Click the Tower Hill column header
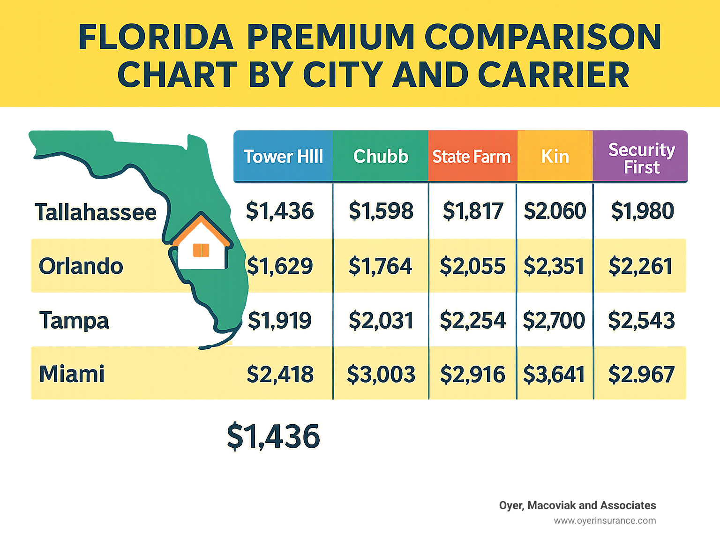tap(283, 156)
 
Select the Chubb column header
tap(381, 156)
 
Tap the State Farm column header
tap(472, 156)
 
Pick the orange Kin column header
tap(555, 156)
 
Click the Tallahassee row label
tap(96, 212)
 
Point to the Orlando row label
tap(81, 266)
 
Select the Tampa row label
tap(74, 321)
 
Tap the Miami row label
tap(72, 374)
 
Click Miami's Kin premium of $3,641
tap(554, 375)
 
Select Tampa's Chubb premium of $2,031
tap(381, 321)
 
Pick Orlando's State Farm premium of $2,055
tap(472, 266)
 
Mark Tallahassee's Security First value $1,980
tap(642, 211)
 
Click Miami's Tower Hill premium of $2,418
tap(280, 375)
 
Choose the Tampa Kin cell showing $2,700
tap(554, 321)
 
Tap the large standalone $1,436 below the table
tap(273, 436)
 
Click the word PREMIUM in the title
tap(330, 37)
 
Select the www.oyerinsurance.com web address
tap(605, 520)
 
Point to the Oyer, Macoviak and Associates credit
tap(577, 505)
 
